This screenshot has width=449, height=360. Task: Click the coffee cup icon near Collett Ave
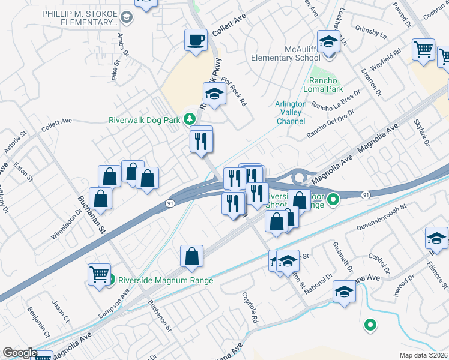[196, 41]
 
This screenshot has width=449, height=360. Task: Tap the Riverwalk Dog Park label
[144, 120]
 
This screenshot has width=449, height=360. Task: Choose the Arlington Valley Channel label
[291, 112]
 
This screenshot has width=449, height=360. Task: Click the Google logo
[20, 353]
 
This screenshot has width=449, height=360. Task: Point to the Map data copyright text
[424, 355]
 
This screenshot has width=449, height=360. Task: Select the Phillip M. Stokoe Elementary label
[80, 18]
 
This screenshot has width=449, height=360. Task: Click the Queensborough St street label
[382, 217]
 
